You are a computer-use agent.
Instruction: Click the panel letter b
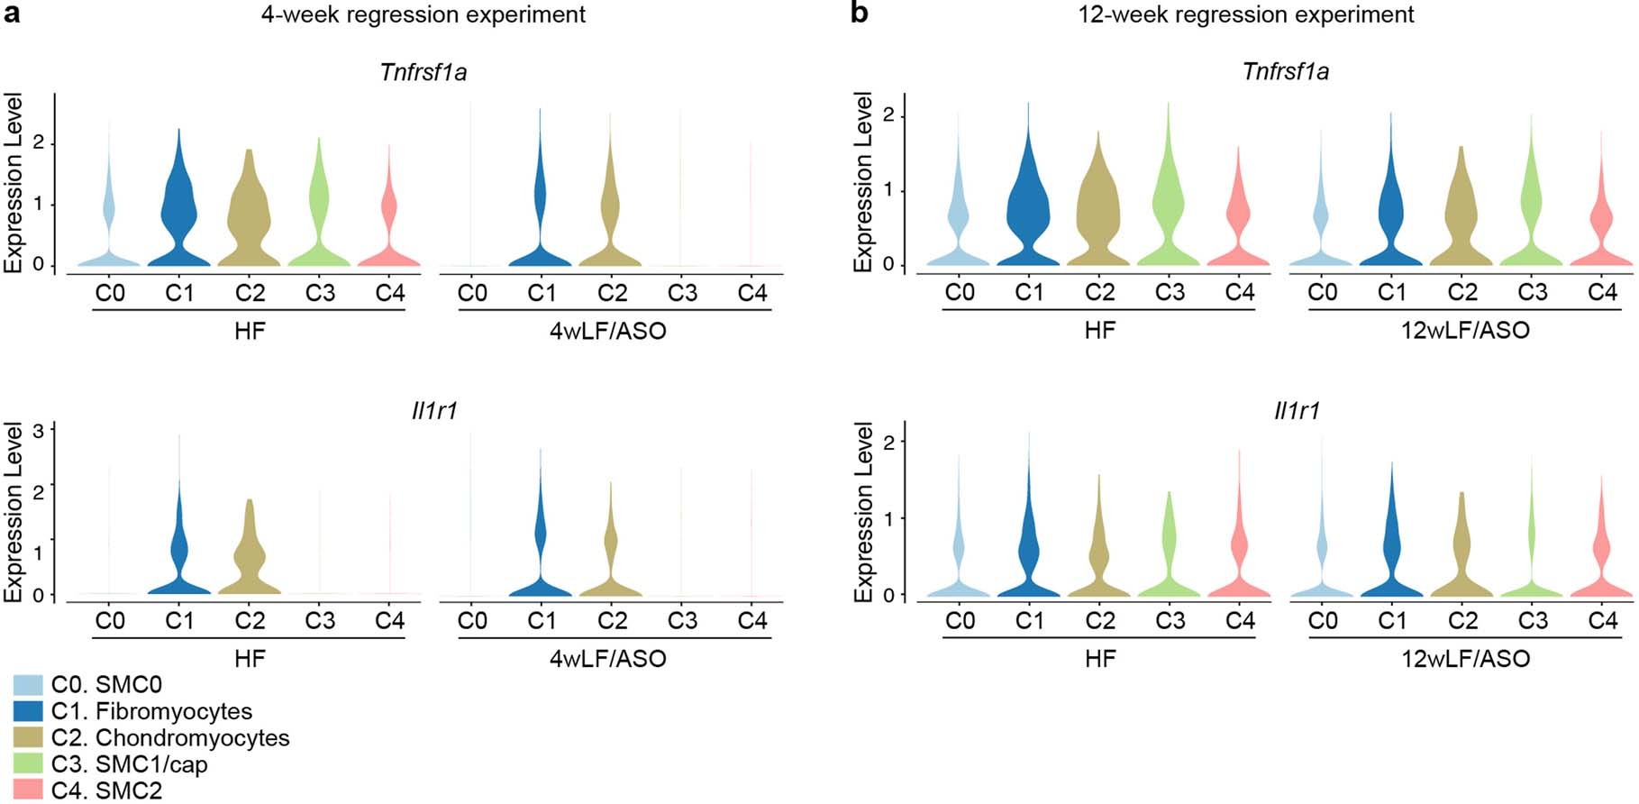[860, 14]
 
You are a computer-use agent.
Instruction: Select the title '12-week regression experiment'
[1246, 15]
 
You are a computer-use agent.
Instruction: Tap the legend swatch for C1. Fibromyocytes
[28, 711]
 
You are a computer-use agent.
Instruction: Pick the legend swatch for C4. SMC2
[28, 790]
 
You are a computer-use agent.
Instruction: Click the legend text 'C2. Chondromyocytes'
[170, 738]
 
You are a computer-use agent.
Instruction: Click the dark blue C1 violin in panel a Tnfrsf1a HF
[179, 216]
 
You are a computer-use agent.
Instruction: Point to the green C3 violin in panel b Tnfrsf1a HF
[1169, 207]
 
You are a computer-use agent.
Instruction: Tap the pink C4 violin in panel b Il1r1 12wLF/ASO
[1601, 559]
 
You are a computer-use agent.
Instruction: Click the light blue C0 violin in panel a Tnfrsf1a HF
[109, 216]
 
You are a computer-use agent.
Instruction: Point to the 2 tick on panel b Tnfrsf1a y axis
[888, 115]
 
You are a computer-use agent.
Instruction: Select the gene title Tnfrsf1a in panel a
[423, 72]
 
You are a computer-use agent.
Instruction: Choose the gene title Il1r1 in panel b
[1297, 411]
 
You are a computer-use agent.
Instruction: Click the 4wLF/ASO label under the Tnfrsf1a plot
[608, 331]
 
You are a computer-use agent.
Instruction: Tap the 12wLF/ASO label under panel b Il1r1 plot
[1465, 659]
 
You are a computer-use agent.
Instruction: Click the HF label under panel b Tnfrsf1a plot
[1099, 330]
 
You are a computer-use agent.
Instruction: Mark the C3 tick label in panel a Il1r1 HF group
[320, 620]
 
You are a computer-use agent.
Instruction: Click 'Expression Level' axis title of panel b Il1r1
[863, 512]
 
